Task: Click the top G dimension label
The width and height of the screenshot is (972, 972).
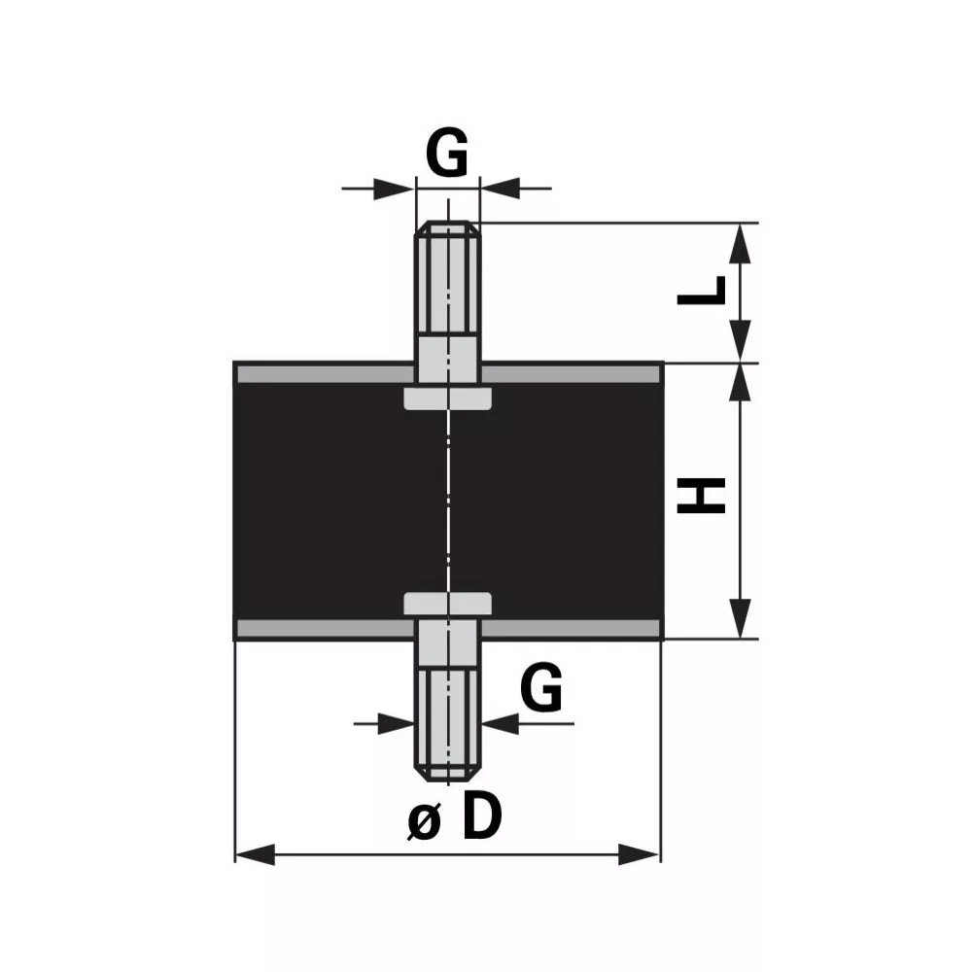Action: [x=447, y=153]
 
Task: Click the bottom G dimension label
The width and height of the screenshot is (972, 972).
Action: [x=541, y=687]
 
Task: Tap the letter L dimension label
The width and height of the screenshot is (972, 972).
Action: [x=701, y=291]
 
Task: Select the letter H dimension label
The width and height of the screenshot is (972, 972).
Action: [x=701, y=496]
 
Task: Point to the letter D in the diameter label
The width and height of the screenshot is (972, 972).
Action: [x=482, y=816]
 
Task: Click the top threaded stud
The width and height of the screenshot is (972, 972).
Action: [x=447, y=278]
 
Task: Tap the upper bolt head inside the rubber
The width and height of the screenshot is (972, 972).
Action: [x=447, y=398]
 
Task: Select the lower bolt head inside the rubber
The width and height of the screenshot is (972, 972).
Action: [x=447, y=604]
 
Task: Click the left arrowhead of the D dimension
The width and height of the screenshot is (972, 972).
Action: [x=255, y=854]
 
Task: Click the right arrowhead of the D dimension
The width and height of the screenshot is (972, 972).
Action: [x=640, y=854]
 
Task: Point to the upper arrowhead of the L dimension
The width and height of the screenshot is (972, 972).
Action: [x=740, y=244]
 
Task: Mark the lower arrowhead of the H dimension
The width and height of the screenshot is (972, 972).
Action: [x=740, y=618]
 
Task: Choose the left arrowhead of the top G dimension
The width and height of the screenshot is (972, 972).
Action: [x=394, y=188]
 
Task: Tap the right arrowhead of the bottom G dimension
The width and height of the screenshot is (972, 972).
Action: [x=501, y=723]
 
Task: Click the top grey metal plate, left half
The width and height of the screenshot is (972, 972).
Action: [x=325, y=374]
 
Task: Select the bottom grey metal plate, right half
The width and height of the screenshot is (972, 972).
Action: [x=571, y=628]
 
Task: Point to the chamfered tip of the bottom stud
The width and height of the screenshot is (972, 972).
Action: [x=447, y=775]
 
